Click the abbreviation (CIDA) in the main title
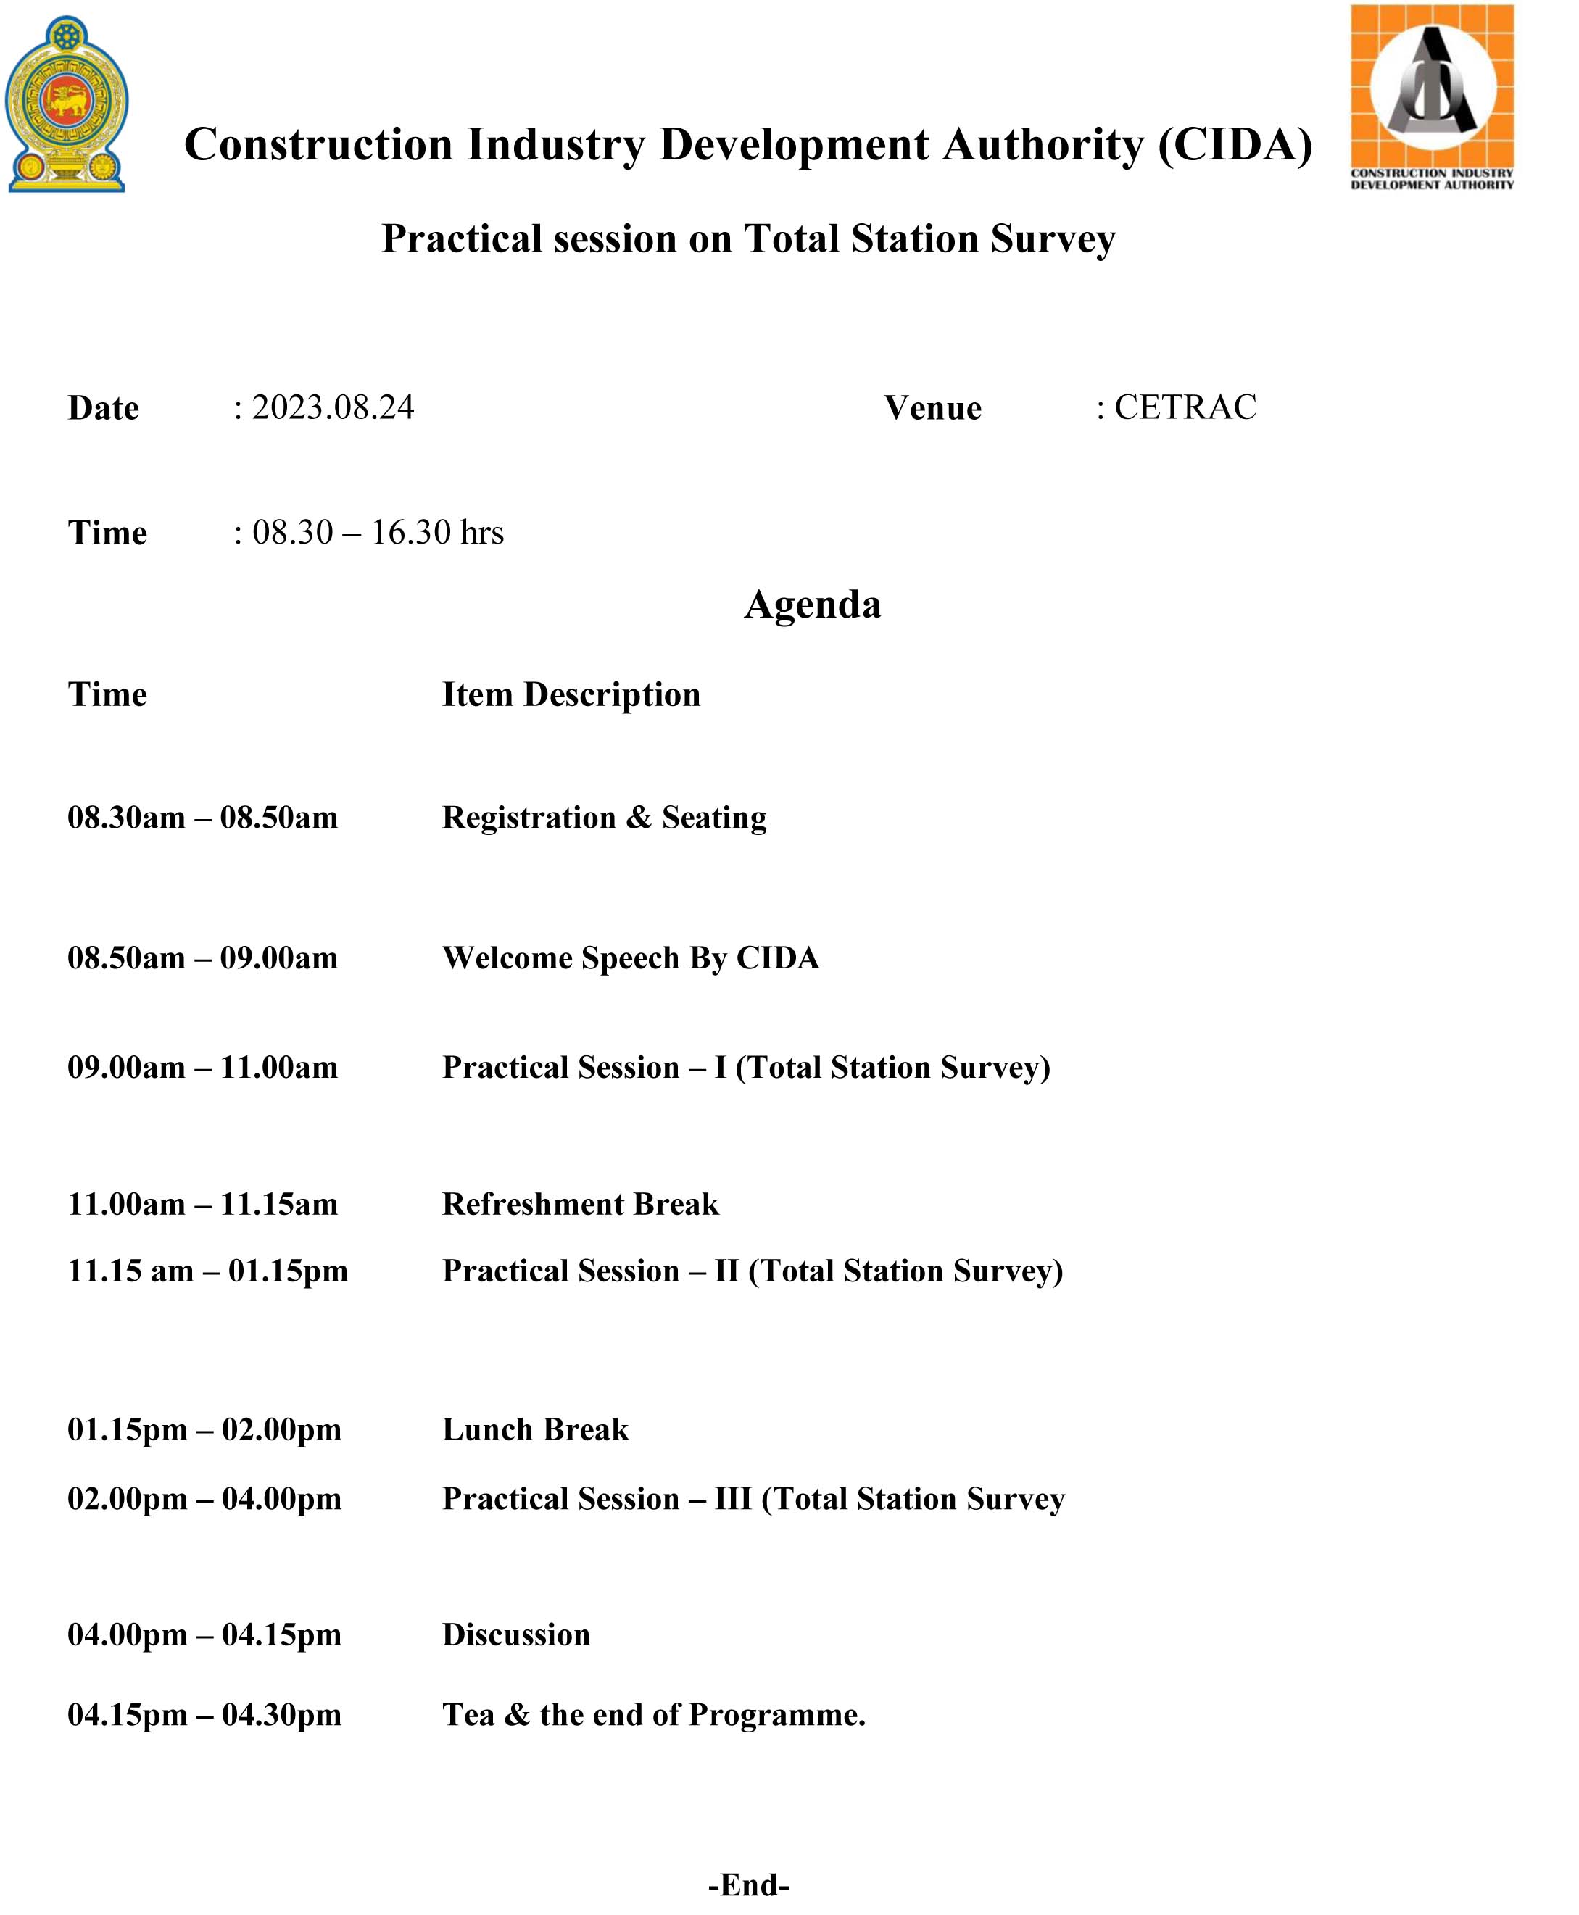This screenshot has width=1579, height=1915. (1235, 144)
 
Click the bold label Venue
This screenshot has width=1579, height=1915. (932, 408)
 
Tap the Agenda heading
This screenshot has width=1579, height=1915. (812, 605)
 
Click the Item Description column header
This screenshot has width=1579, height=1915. (571, 694)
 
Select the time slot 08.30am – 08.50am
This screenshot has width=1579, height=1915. (203, 818)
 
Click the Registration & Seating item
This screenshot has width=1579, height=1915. (604, 818)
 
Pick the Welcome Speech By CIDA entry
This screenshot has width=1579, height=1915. (630, 957)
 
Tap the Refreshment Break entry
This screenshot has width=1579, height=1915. (580, 1204)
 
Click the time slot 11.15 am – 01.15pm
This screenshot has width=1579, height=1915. (207, 1271)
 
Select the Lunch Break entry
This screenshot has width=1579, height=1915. (535, 1429)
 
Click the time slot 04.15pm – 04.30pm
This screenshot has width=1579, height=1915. (204, 1714)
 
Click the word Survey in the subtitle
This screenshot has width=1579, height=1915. (1053, 240)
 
